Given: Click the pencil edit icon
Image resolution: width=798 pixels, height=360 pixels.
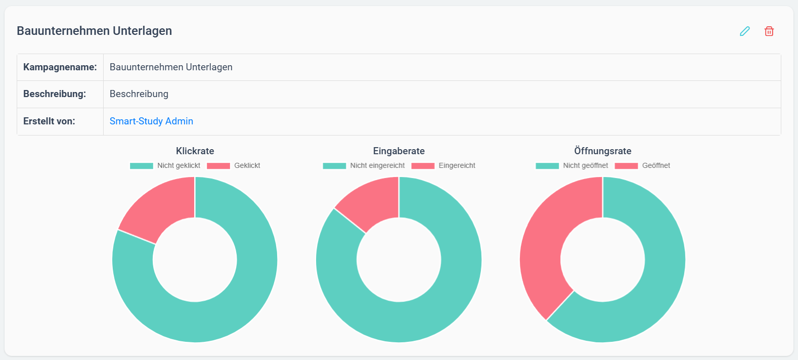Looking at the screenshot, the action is [744, 31].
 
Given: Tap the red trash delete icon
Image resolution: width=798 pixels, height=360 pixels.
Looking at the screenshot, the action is [769, 31].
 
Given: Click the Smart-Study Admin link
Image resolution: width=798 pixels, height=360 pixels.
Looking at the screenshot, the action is [151, 121].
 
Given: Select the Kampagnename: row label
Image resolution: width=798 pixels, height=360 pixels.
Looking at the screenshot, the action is [60, 67].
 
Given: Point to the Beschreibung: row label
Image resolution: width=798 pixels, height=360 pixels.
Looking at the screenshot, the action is [55, 94].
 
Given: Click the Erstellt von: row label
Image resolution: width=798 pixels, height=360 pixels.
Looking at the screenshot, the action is [49, 121].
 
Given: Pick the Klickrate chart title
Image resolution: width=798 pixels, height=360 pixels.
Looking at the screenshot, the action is [195, 151].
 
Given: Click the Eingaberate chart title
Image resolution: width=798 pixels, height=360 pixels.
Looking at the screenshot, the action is [398, 151].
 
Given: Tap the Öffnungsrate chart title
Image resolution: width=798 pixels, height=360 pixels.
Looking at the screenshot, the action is [603, 151].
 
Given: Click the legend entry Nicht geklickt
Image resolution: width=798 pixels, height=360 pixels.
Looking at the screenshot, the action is [165, 165].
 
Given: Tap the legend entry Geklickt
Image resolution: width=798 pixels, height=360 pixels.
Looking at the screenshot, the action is [233, 165].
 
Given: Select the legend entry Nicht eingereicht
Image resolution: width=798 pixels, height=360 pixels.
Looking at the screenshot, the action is [364, 165].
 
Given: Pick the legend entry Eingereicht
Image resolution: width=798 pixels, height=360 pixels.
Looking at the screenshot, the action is [443, 165].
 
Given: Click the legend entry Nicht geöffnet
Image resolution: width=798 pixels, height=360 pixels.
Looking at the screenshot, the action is [572, 165].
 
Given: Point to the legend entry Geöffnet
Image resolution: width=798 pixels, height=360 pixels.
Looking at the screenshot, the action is [642, 165].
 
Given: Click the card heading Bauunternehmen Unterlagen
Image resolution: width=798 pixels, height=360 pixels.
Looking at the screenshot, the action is [95, 31].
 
